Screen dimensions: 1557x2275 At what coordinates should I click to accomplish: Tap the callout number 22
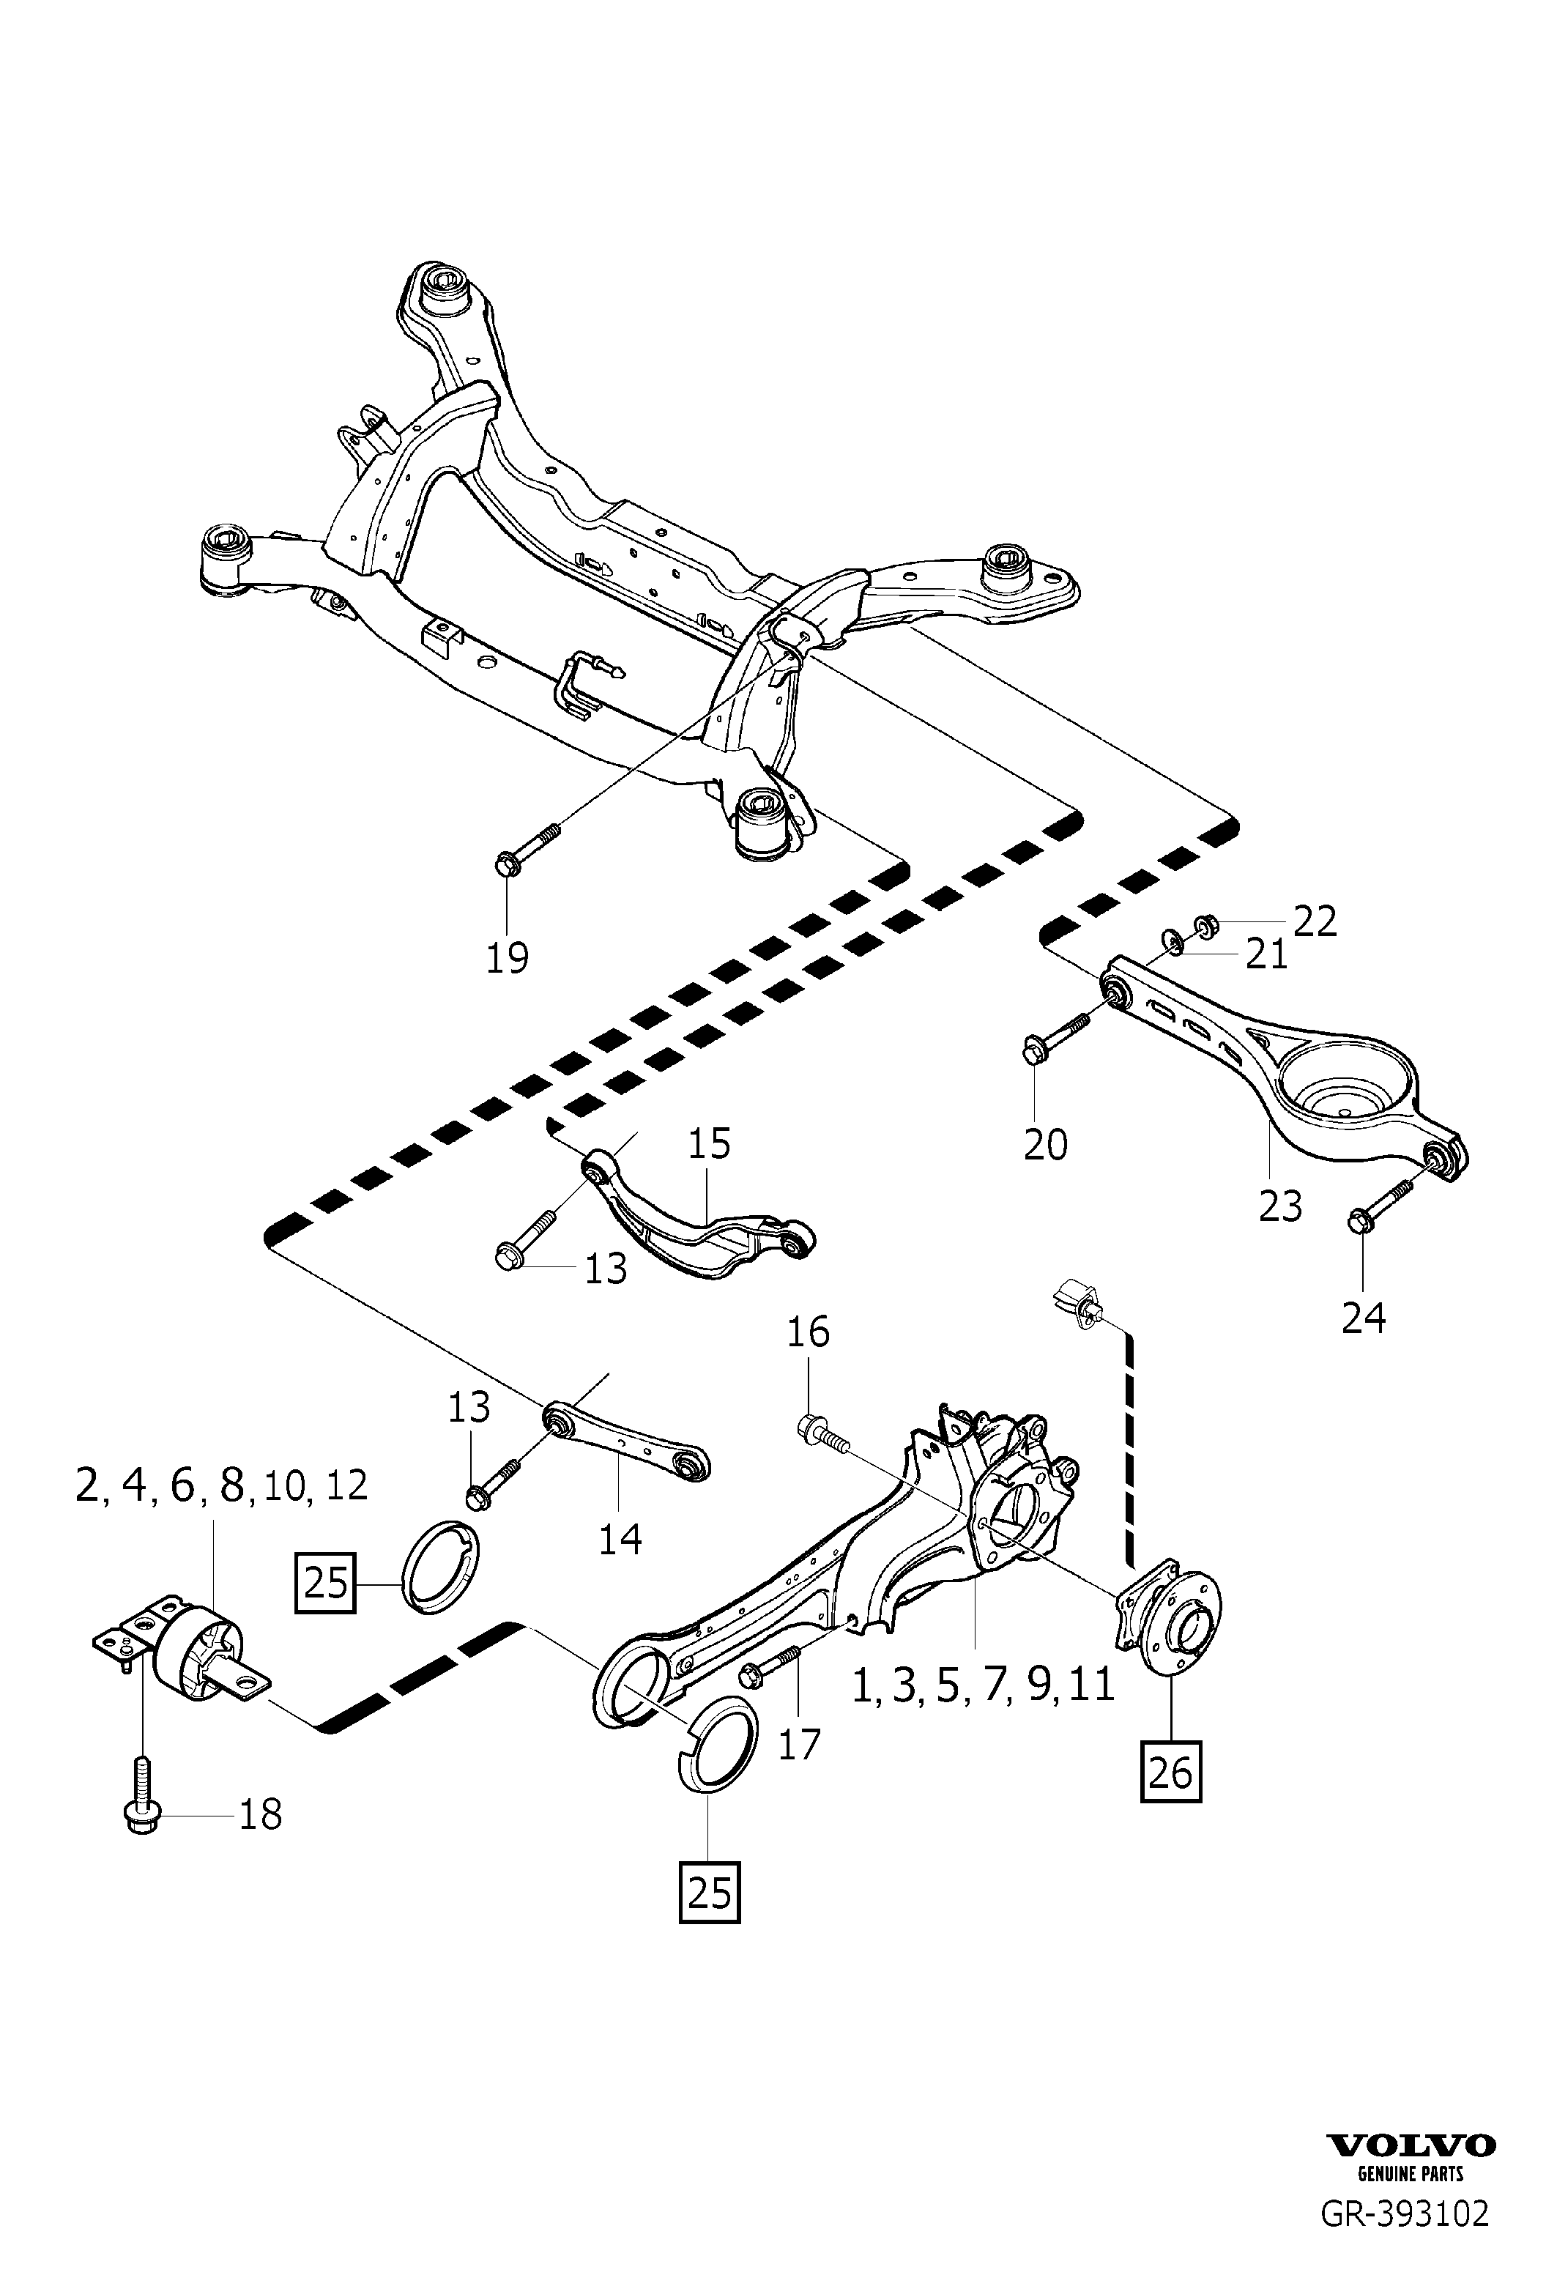point(1315,921)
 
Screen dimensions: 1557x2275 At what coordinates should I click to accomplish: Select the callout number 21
point(1266,954)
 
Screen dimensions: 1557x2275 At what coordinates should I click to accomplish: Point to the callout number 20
point(1045,1143)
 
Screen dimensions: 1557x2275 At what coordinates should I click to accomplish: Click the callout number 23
point(1280,1206)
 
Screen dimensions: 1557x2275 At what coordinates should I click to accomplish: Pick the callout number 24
point(1363,1318)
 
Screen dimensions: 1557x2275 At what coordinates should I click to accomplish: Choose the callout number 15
point(710,1143)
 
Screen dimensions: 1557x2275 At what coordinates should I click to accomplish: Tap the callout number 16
point(809,1332)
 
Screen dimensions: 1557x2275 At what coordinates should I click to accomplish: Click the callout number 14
point(620,1540)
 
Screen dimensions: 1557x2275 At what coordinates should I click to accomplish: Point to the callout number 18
point(260,1814)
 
